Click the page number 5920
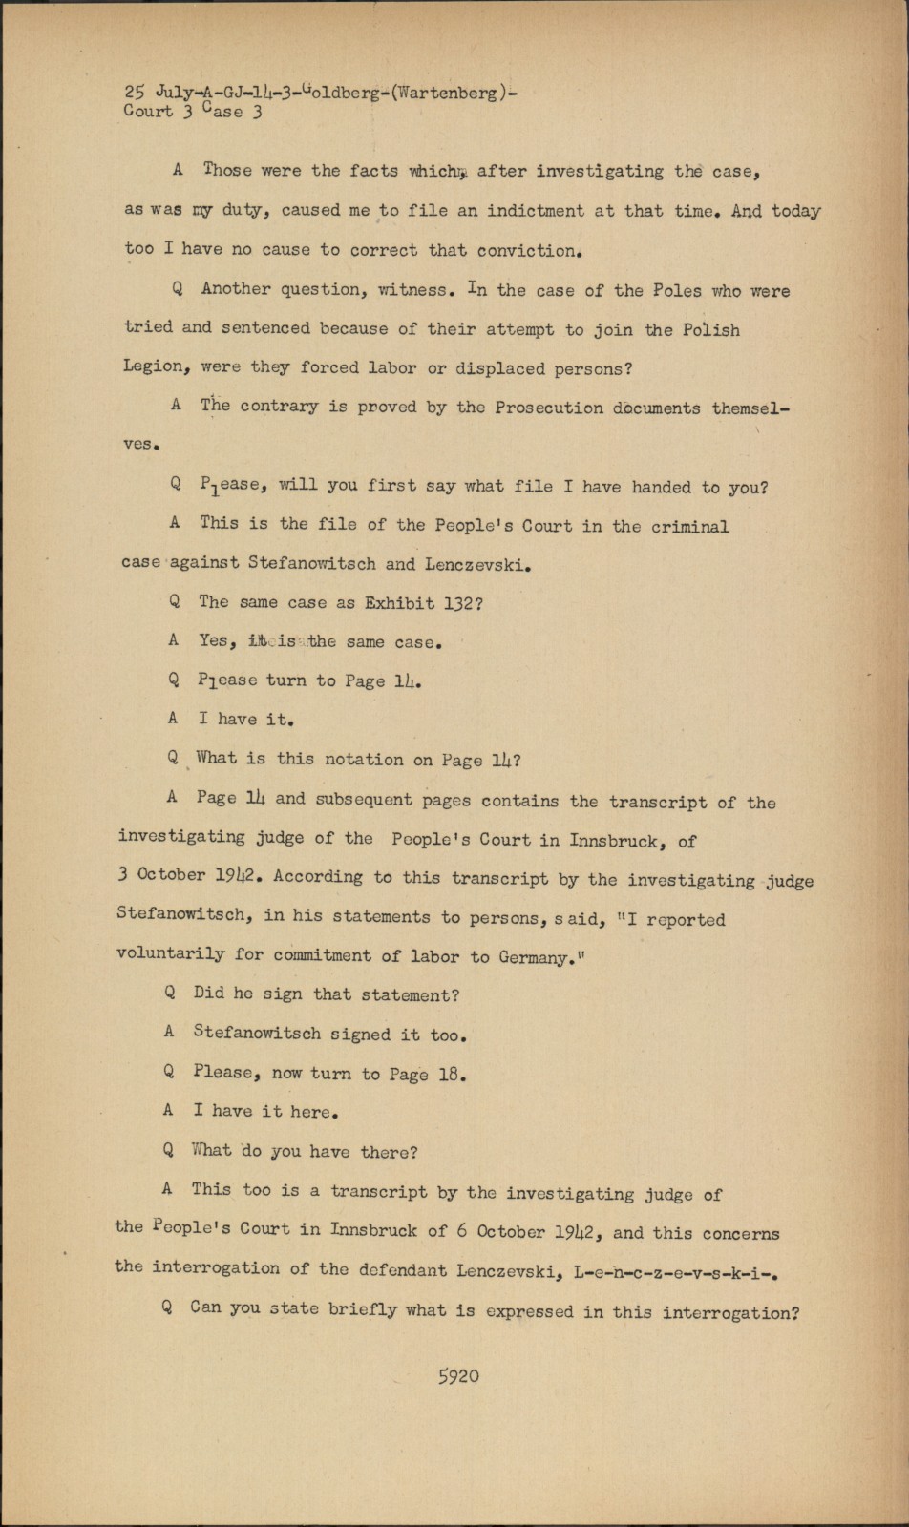tap(458, 1376)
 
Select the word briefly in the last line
tap(363, 1309)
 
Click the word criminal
tap(690, 526)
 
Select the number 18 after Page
tap(451, 1074)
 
